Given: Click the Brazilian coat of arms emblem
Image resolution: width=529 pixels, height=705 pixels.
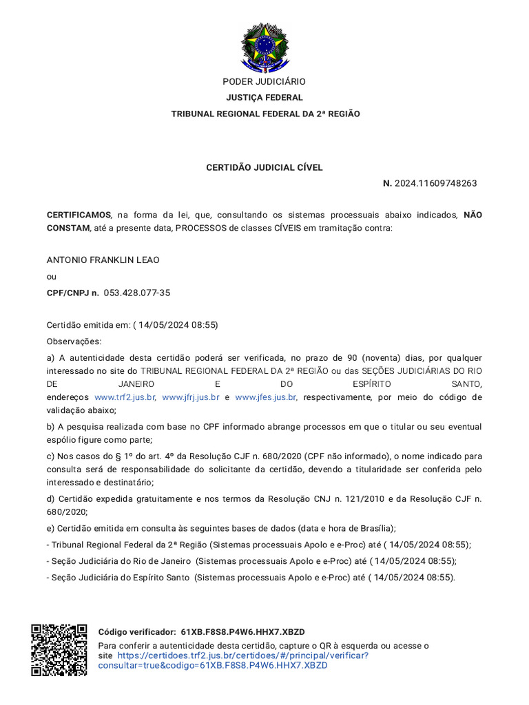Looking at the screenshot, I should tap(264, 48).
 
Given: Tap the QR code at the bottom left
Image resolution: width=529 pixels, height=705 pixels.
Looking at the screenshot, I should tap(59, 650).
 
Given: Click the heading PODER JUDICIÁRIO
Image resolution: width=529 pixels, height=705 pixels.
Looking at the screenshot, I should tap(264, 82).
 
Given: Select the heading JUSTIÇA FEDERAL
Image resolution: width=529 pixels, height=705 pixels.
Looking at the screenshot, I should tap(264, 98).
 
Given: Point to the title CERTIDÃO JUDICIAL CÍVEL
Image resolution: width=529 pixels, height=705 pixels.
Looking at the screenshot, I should tap(264, 167).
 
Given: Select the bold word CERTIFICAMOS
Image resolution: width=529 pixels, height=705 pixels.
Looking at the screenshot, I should tap(79, 215).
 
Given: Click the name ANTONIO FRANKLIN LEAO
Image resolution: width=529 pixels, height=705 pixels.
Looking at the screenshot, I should tap(103, 260).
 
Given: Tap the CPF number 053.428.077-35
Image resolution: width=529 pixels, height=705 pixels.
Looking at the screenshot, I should tap(137, 293).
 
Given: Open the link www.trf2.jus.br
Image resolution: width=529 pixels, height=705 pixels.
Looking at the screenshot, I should tap(125, 397).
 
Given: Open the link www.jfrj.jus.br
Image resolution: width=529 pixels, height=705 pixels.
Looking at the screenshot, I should tap(191, 397).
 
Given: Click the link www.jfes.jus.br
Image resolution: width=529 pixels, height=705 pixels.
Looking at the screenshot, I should tap(266, 397).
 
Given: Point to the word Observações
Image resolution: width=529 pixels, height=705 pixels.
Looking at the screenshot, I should tap(74, 341).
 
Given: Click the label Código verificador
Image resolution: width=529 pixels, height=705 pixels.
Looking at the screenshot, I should tap(136, 632).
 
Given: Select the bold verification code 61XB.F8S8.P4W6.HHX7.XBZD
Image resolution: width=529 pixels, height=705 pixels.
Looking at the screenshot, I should tap(242, 632).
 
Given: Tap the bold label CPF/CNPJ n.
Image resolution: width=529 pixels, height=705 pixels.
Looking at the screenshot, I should tap(72, 293).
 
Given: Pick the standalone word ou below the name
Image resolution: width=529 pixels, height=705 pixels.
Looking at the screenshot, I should tap(51, 277).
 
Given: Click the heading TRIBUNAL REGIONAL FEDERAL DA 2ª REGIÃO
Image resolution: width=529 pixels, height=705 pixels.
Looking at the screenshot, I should tap(264, 114).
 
